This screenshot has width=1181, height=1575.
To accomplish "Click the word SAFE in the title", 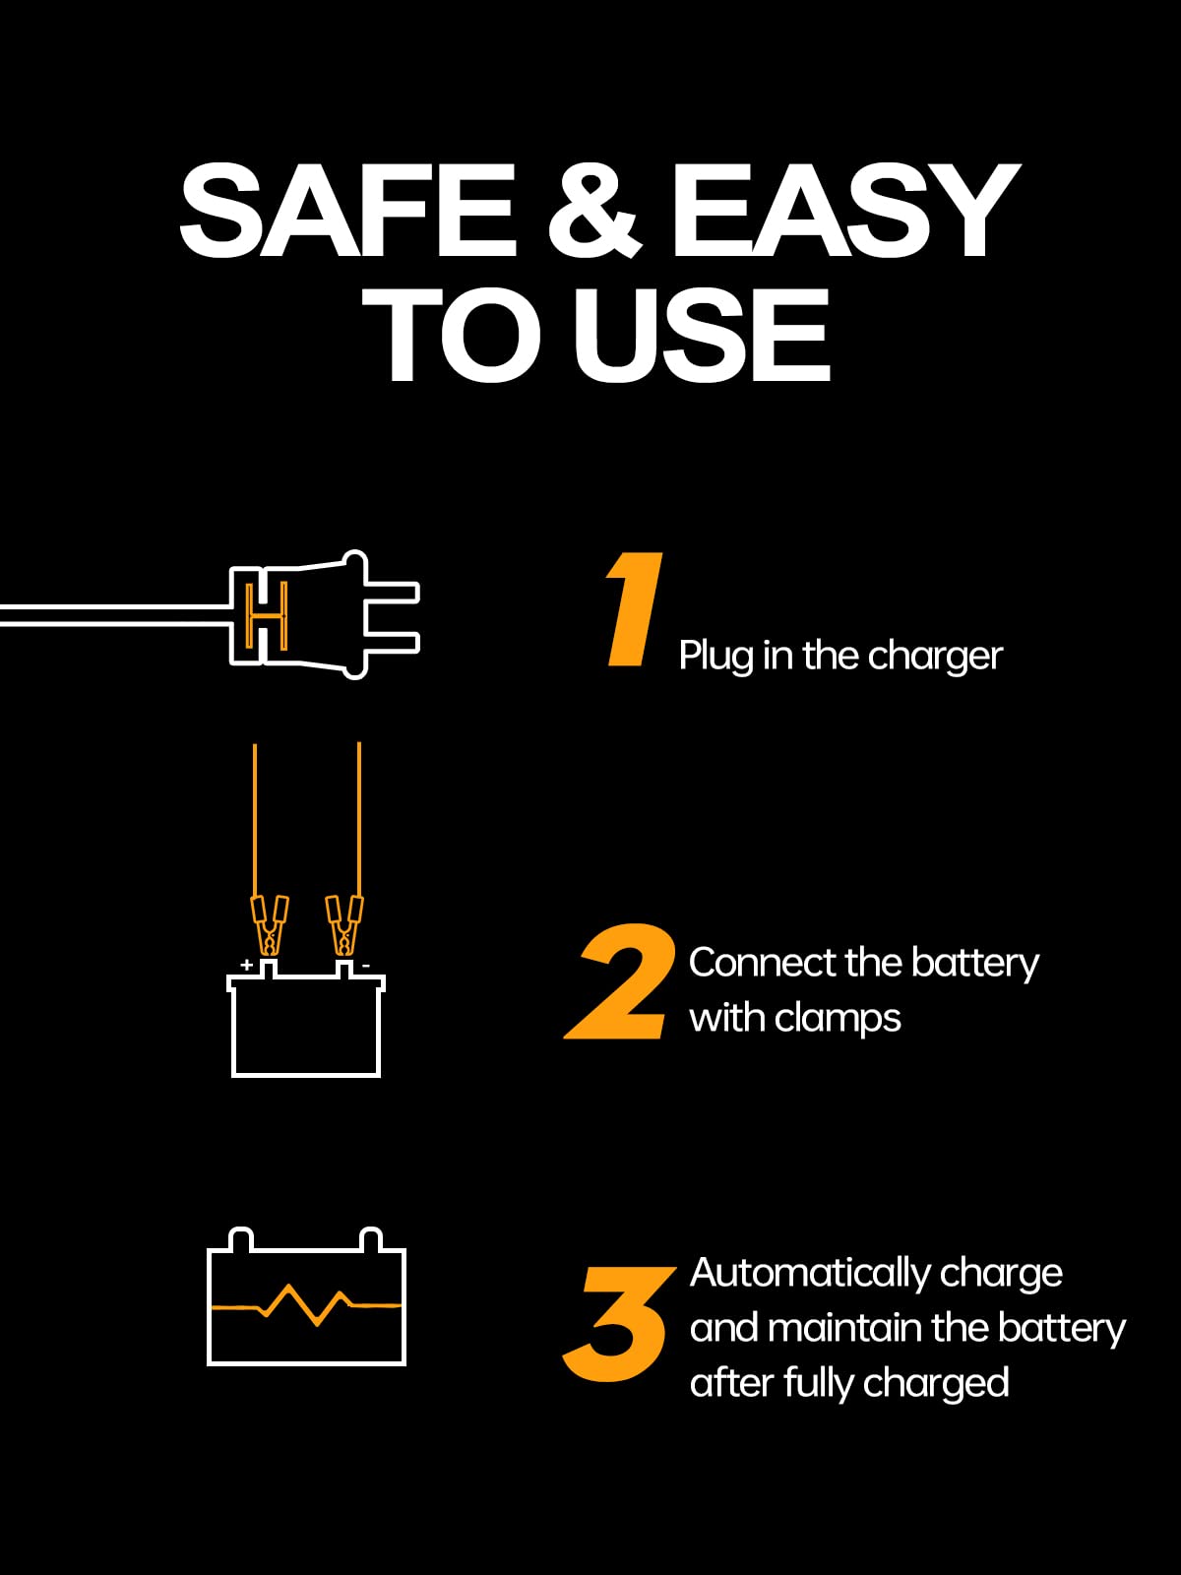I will (x=346, y=210).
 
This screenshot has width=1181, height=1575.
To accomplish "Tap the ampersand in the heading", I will (x=593, y=210).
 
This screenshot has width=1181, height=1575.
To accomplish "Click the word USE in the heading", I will (x=702, y=336).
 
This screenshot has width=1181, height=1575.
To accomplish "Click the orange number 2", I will (x=620, y=982).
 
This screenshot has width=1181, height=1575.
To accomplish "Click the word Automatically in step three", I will (x=809, y=1273).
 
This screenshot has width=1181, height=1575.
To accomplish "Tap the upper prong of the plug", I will (x=394, y=592).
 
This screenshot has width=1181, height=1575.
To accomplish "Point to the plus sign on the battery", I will (x=246, y=965).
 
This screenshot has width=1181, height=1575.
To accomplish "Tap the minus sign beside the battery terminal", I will (x=365, y=966).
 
